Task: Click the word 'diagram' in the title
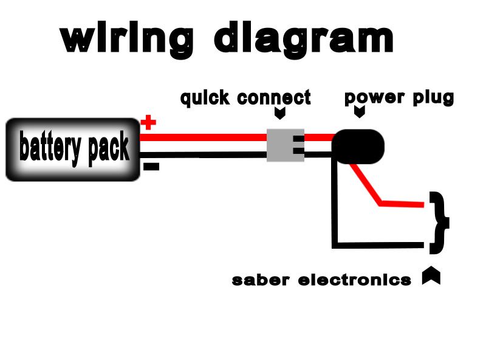click(x=304, y=40)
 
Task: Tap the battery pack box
click(x=73, y=149)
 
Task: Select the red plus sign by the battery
click(x=148, y=123)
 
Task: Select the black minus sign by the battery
click(x=151, y=166)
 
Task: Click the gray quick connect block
click(x=285, y=145)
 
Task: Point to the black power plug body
click(x=358, y=145)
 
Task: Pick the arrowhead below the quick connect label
click(x=280, y=114)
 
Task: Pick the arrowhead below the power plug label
click(x=359, y=112)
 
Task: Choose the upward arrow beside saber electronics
click(x=431, y=276)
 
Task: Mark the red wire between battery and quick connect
click(x=204, y=137)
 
